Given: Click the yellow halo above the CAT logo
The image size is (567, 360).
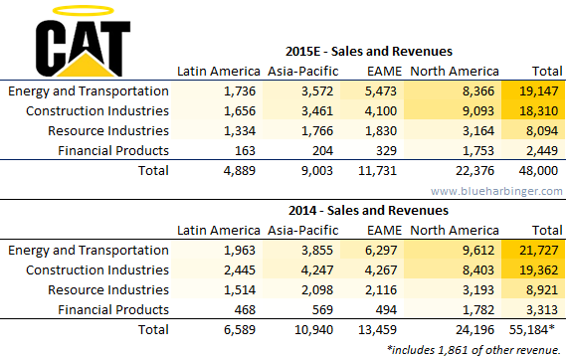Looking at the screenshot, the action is click(84, 7).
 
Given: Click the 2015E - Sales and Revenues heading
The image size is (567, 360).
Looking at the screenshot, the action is click(369, 52).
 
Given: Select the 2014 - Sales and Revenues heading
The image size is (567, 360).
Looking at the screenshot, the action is click(368, 211).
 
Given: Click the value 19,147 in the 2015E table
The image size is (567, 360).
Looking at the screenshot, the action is click(539, 91).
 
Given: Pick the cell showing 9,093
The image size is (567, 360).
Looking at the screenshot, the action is click(478, 111).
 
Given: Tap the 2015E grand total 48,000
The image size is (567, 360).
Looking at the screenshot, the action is click(538, 171).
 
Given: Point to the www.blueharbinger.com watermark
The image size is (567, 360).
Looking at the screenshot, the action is click(496, 191).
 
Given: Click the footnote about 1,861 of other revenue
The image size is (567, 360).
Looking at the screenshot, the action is click(473, 350).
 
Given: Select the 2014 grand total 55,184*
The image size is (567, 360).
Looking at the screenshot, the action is click(532, 329).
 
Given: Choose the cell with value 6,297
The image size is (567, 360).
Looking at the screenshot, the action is click(381, 251).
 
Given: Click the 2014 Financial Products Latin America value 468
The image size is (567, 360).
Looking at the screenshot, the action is click(245, 309).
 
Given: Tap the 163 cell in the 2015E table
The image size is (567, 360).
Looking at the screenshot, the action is click(245, 151).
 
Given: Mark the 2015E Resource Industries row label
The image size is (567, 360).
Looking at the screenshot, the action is click(108, 131).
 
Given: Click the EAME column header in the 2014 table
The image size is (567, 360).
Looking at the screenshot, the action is click(384, 231).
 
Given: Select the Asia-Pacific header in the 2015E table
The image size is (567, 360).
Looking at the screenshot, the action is click(303, 72).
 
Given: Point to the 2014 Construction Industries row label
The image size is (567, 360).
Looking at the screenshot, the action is click(97, 270).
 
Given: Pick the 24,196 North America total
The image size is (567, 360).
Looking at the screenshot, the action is click(474, 329).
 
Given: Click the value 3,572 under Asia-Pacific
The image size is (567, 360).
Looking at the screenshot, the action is click(317, 91).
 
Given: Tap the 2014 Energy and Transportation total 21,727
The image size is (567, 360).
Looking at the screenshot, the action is click(539, 251).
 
